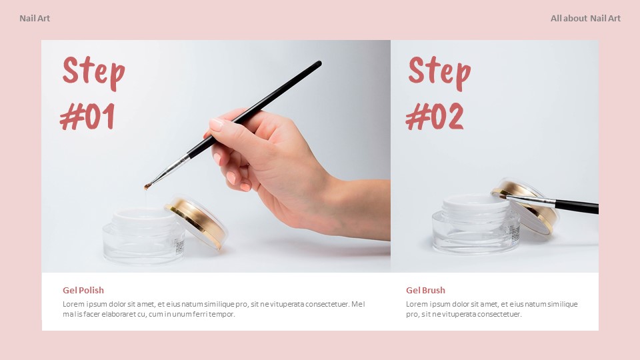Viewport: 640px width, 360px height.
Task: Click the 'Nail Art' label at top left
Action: pos(35,18)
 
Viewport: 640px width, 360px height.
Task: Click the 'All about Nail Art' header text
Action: pos(585,18)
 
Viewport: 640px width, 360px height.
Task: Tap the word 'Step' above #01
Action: pos(93,71)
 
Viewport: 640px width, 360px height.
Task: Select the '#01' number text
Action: pos(87,117)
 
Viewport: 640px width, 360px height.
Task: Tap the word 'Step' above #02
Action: pos(439,71)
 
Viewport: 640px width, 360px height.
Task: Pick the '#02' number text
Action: pos(434,117)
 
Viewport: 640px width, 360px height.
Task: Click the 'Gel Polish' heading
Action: pos(83,290)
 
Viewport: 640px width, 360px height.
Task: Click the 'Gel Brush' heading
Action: pos(425,290)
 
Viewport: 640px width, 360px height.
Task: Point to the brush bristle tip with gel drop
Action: pos(147,186)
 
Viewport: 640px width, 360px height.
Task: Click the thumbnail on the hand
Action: pos(216,125)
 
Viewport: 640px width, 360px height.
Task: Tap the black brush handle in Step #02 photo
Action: pos(577,207)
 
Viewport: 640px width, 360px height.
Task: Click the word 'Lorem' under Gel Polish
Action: pos(74,304)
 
